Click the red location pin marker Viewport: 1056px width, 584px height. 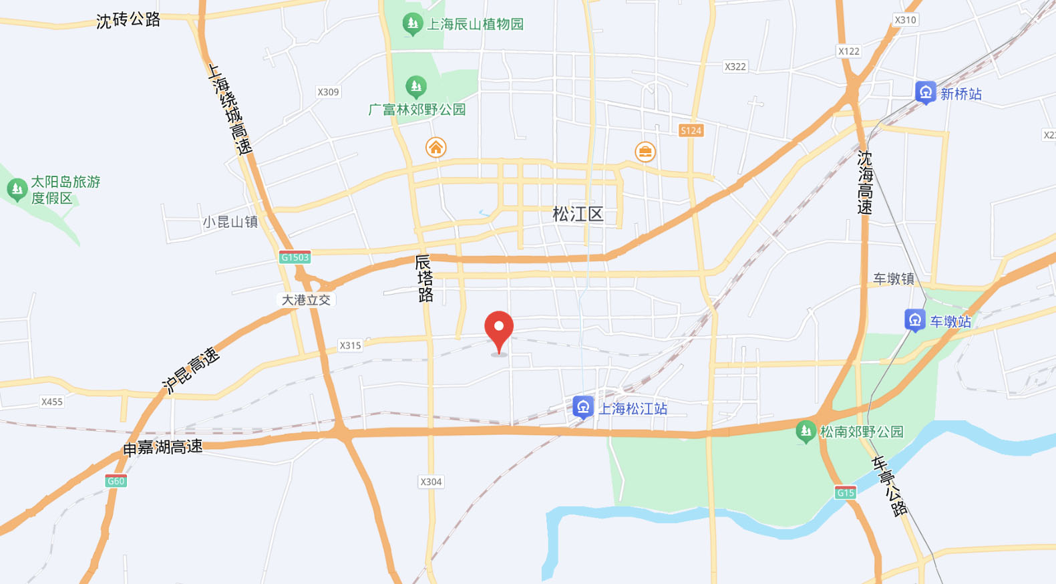[x=499, y=329]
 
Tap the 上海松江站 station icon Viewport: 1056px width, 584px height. [x=583, y=407]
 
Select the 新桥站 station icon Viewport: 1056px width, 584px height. [x=926, y=92]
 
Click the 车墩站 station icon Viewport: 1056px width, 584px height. [x=915, y=320]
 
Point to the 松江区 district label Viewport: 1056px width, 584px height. [x=578, y=214]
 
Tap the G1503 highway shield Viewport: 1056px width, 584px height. [x=295, y=257]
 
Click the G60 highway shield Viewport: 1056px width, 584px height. [x=116, y=481]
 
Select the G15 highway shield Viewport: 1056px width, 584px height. [x=845, y=493]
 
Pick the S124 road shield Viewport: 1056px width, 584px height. [x=691, y=130]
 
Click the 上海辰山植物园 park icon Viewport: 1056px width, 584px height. [x=412, y=25]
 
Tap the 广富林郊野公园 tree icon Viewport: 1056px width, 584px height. [x=416, y=86]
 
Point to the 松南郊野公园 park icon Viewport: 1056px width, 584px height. [x=806, y=431]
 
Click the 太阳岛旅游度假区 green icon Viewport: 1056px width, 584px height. [x=16, y=189]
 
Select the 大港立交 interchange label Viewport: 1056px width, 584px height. [x=306, y=300]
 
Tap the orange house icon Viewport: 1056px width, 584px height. [x=435, y=147]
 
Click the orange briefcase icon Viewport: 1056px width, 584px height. [x=645, y=152]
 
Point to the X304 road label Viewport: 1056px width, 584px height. [x=431, y=482]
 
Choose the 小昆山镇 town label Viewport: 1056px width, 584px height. [x=230, y=222]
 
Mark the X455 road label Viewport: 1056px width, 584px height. [x=51, y=402]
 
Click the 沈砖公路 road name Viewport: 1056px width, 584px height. [x=128, y=20]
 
